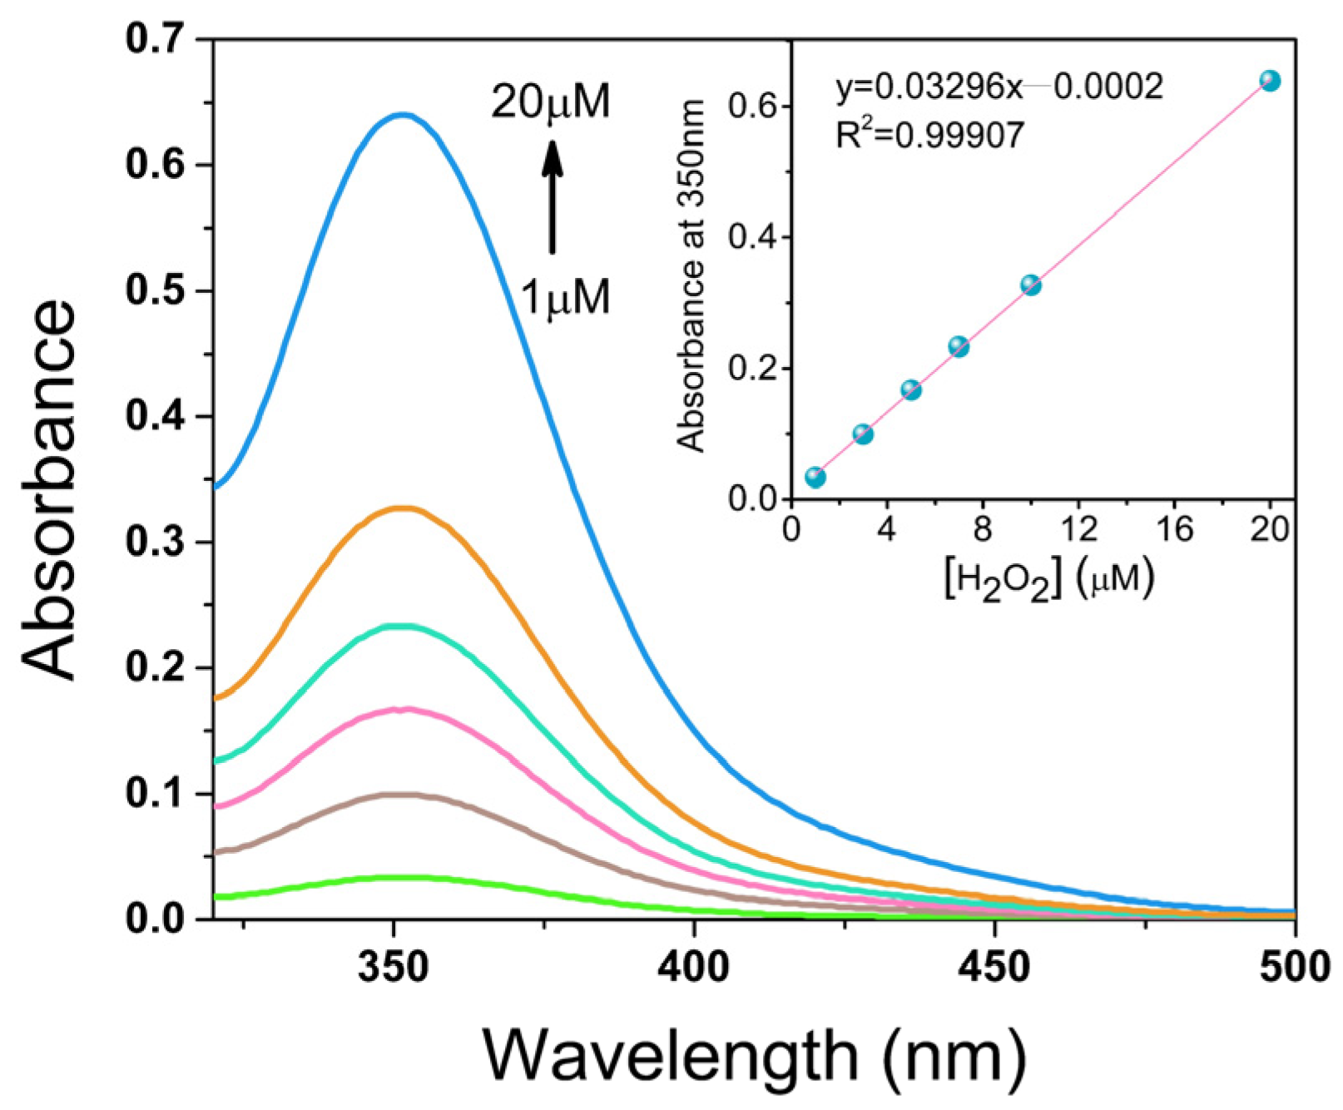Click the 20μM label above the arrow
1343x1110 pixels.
(x=551, y=102)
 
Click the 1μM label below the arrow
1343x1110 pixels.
(x=566, y=296)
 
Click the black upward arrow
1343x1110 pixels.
(x=552, y=196)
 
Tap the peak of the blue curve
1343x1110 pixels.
(x=403, y=115)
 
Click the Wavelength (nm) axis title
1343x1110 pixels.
(x=753, y=1054)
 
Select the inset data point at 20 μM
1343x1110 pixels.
(x=1270, y=81)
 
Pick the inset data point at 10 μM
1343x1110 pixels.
(x=1031, y=285)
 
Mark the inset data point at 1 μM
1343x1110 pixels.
(x=815, y=477)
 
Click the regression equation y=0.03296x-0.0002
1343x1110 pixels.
(x=999, y=87)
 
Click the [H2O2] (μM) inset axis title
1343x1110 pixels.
(x=1049, y=577)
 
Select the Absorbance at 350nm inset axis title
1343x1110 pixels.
(x=691, y=275)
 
